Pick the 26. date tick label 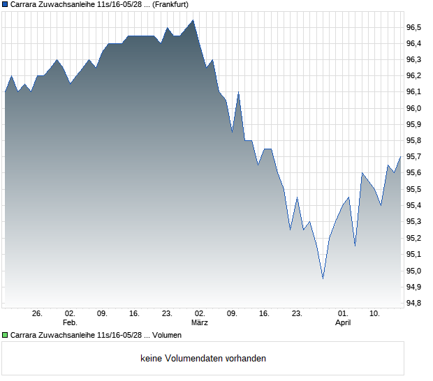tap(38, 314)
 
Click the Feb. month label tap(69, 323)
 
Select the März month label tap(200, 323)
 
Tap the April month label tap(343, 323)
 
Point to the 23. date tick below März tap(297, 314)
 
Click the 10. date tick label tap(375, 314)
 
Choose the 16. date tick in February tap(135, 314)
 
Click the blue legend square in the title tap(5, 4)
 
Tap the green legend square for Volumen tap(5, 336)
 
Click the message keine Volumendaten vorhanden tap(203, 359)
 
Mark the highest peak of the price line tap(193, 20)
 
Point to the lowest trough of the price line tap(323, 278)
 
